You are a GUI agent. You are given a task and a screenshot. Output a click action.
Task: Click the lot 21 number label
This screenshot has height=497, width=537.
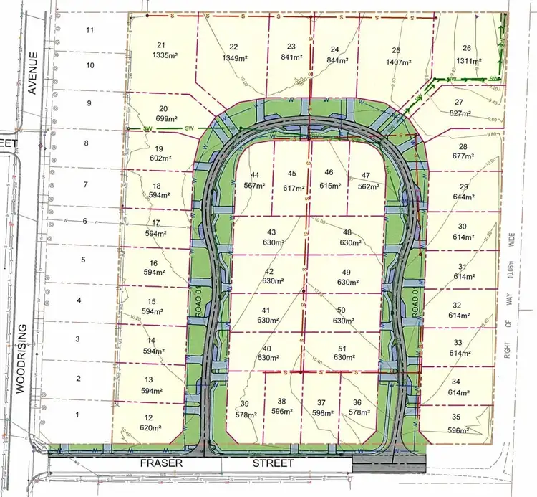click(x=160, y=44)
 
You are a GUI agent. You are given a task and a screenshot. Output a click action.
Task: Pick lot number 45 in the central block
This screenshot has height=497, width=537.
click(x=291, y=174)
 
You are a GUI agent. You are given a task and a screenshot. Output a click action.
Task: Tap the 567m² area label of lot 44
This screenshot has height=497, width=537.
click(x=255, y=185)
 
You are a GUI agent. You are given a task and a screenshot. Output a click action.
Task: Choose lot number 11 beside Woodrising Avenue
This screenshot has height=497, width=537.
click(x=89, y=30)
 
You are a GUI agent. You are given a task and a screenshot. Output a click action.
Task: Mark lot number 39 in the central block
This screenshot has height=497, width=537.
click(x=245, y=402)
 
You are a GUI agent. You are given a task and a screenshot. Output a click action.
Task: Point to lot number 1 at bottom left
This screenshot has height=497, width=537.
click(x=77, y=415)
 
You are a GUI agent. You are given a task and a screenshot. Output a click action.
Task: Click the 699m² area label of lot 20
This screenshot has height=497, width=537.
click(x=167, y=119)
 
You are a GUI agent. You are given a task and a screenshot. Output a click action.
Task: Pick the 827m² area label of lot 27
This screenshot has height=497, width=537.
click(x=460, y=113)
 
